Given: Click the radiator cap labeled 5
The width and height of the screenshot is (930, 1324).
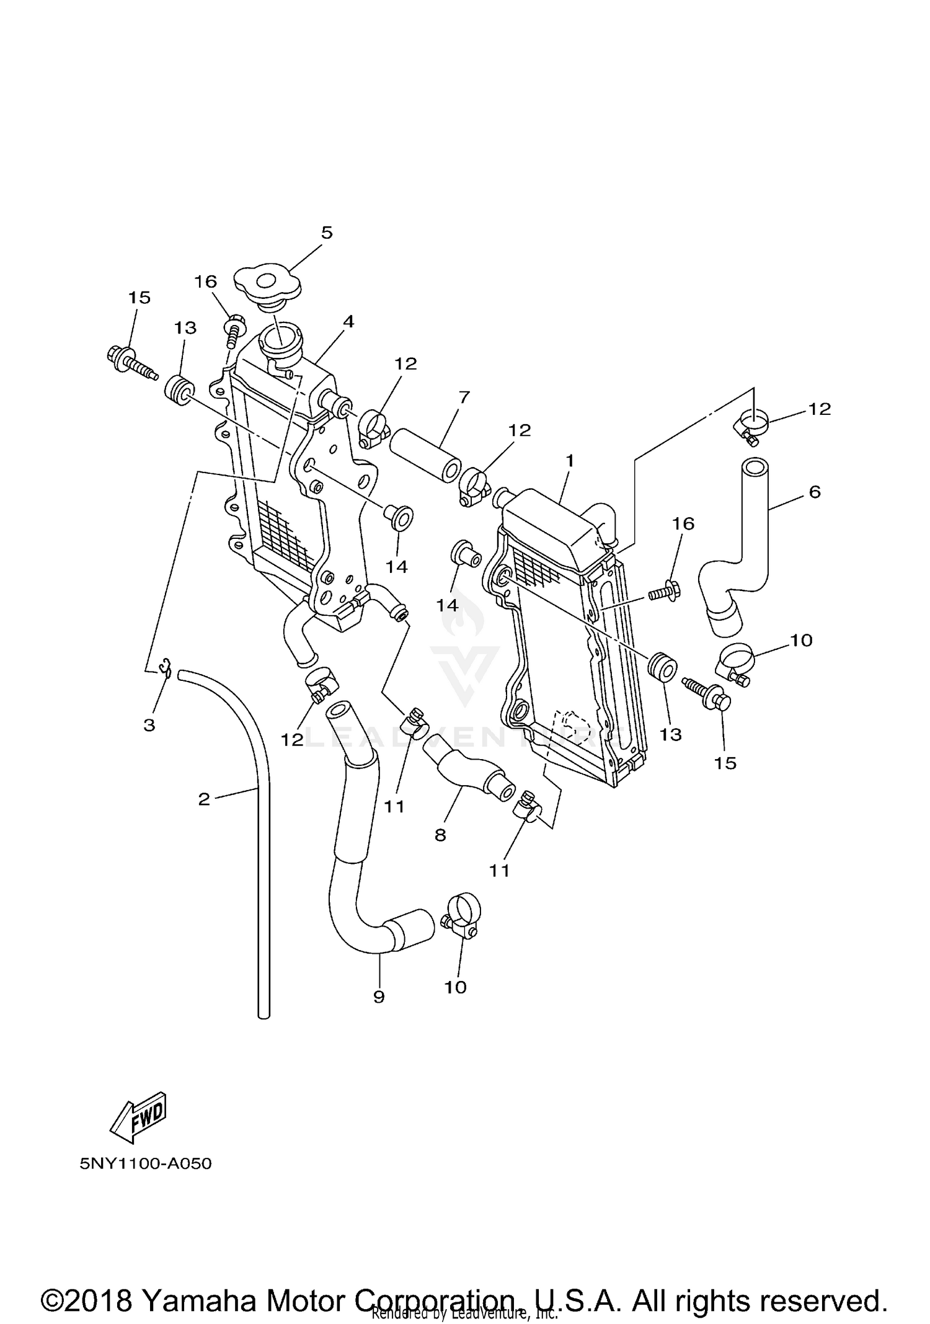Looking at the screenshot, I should tap(267, 286).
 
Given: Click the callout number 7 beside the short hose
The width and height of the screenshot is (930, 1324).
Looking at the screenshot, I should tap(464, 396).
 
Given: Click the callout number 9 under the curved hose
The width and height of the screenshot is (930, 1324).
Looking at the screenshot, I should tap(379, 997).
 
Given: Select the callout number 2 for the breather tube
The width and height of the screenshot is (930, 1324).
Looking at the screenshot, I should tap(204, 799).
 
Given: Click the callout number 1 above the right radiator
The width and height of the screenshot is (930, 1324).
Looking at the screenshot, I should tap(569, 461).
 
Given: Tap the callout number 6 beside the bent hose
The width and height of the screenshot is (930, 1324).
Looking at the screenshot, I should tap(815, 492).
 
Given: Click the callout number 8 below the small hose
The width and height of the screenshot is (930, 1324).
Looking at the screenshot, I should tap(440, 835).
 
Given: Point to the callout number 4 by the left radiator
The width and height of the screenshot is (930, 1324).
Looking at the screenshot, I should tap(348, 321).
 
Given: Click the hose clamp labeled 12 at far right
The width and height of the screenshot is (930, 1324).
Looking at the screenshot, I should tap(750, 425).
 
